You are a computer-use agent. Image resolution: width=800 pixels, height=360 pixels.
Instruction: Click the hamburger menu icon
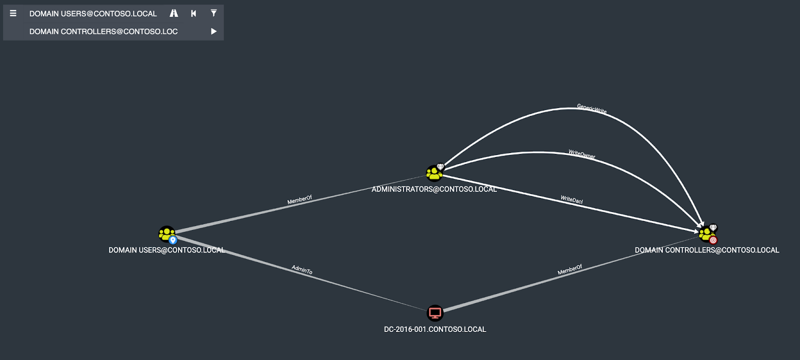[x=13, y=13]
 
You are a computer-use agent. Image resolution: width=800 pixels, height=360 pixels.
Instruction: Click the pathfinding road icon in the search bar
[x=173, y=13]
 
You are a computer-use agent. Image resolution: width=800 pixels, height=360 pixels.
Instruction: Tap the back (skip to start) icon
[x=193, y=13]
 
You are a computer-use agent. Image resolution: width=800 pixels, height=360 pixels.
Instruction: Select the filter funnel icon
[x=213, y=13]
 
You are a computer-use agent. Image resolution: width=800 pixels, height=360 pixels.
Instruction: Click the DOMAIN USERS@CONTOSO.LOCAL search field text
[x=93, y=13]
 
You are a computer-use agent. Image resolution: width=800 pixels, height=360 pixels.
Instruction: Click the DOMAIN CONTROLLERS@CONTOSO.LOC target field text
[x=103, y=31]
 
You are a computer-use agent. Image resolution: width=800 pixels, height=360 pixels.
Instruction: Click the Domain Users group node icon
[x=166, y=233]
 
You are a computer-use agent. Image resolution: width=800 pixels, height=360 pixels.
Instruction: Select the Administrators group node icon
[x=434, y=173]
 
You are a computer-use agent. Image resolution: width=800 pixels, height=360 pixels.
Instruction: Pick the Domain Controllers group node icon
[x=705, y=233]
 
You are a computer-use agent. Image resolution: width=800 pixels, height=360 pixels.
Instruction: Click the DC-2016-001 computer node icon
[x=435, y=313]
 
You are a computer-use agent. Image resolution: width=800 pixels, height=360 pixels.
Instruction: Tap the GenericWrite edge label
[x=591, y=109]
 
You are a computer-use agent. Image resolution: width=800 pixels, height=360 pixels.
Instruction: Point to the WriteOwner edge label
[x=581, y=154]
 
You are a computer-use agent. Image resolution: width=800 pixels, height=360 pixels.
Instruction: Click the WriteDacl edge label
[x=571, y=200]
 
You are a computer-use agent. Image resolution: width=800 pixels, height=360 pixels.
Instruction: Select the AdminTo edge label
[x=302, y=270]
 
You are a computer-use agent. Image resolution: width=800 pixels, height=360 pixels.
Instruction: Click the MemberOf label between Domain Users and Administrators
[x=299, y=200]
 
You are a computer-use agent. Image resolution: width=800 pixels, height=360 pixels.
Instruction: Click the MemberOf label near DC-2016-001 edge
[x=570, y=270]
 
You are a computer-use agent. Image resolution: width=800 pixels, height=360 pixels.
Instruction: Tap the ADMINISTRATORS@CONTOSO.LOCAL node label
[x=434, y=189]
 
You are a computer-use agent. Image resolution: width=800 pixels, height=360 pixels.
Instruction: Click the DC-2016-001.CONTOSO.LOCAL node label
[x=435, y=329]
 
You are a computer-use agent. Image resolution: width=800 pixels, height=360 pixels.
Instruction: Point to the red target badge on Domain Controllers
[x=713, y=240]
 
